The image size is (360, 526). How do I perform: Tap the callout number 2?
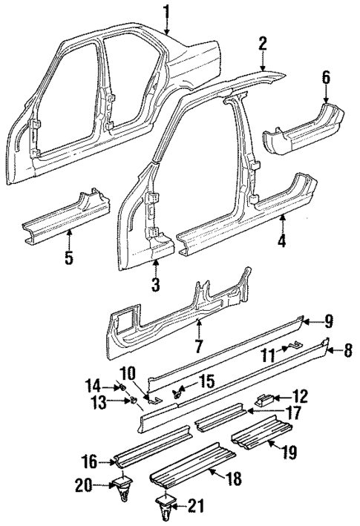click(x=262, y=45)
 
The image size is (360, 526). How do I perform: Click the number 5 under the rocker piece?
click(x=69, y=260)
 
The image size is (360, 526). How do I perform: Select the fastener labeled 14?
click(x=119, y=386)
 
